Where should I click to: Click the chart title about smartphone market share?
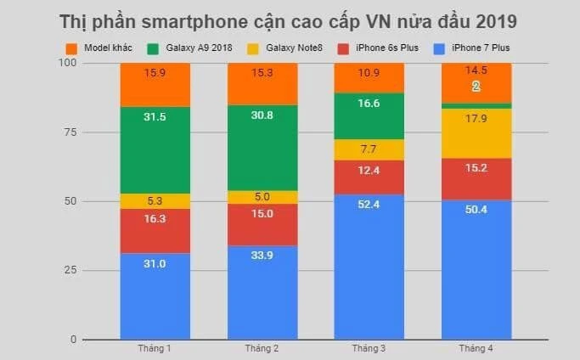coord(290,20)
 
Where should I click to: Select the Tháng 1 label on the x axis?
coord(155,349)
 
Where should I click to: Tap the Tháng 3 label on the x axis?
coord(369,349)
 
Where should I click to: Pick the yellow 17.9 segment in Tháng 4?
coord(476,133)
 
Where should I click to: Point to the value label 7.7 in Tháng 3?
coord(369,149)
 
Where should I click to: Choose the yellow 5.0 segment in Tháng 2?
coord(262,197)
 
